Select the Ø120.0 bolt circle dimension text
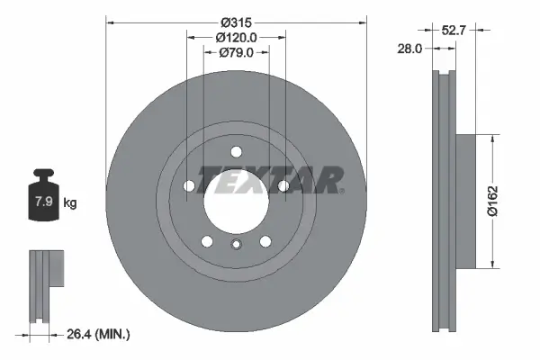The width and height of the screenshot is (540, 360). tap(237, 37)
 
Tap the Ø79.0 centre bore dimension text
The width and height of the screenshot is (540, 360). tap(237, 53)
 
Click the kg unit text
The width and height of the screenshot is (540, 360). tap(69, 202)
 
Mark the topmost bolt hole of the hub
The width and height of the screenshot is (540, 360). tap(237, 151)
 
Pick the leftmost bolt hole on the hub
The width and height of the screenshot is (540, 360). tap(190, 186)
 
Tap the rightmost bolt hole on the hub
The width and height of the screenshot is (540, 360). tap(283, 186)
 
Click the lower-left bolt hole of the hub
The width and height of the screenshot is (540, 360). tap(208, 241)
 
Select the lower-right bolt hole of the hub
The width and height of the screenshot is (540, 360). tap(265, 241)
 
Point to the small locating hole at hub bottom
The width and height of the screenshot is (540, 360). tap(237, 247)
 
